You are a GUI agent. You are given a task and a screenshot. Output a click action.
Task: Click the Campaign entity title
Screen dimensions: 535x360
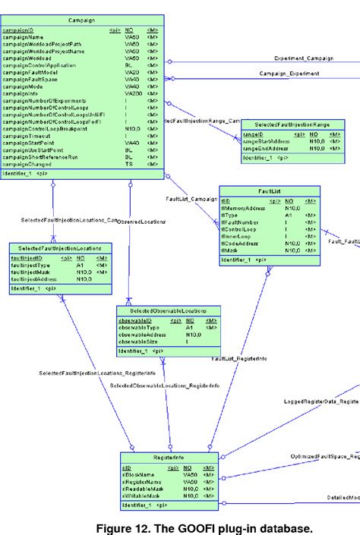81,21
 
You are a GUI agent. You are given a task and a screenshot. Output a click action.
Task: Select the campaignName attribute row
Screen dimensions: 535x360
25,37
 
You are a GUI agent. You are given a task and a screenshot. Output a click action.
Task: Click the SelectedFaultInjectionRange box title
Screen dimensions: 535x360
292,124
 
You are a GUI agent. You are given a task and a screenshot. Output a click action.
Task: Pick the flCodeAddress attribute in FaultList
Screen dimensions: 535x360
240,243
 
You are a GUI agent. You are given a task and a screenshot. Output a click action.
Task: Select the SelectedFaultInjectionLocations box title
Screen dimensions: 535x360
61,247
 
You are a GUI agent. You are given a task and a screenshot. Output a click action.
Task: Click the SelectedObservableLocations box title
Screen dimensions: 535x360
168,311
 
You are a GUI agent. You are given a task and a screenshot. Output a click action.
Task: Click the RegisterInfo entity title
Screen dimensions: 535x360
169,458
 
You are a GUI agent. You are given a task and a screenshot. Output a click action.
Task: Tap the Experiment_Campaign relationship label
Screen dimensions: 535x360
302,58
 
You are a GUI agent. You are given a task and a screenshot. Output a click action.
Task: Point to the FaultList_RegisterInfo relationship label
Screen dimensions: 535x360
240,357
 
